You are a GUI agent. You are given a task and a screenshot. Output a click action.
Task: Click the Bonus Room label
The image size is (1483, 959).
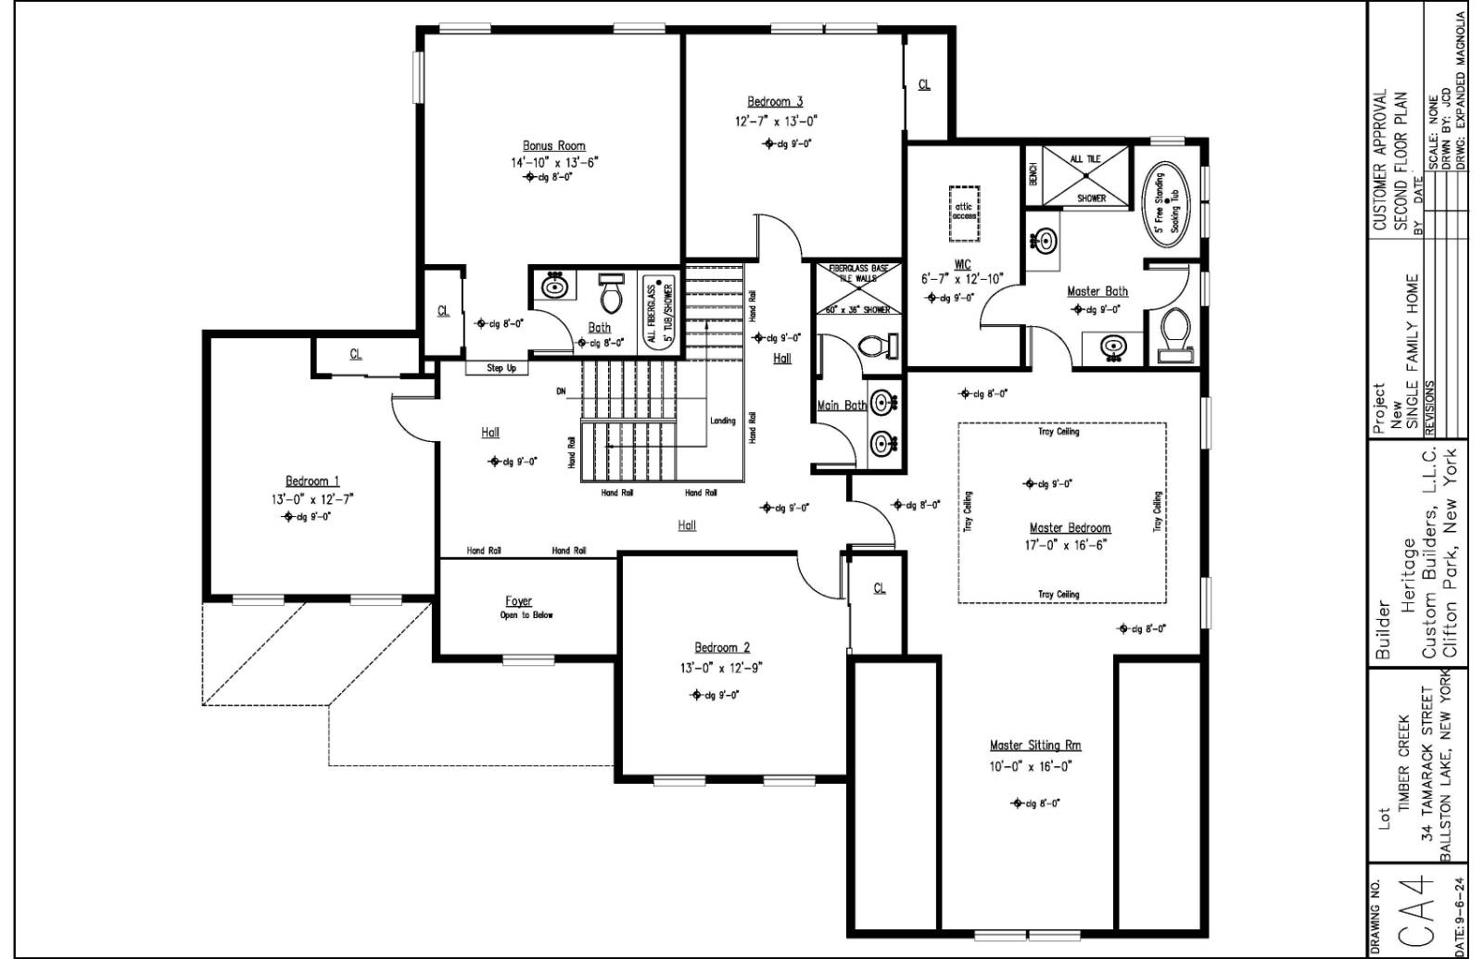click(553, 145)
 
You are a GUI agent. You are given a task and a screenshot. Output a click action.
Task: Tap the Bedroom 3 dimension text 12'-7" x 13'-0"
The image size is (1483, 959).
click(776, 121)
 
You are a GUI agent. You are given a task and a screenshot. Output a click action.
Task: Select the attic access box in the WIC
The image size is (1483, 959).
click(964, 210)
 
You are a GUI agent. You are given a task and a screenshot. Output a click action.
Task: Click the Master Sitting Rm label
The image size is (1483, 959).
click(1034, 745)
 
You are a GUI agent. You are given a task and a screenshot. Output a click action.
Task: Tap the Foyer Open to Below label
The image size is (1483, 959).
click(519, 608)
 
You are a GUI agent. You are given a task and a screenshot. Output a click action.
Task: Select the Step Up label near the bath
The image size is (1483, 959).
click(501, 369)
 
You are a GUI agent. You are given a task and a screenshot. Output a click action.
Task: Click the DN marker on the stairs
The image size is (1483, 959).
click(561, 392)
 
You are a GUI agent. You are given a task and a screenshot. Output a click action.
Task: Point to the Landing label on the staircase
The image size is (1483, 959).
click(722, 421)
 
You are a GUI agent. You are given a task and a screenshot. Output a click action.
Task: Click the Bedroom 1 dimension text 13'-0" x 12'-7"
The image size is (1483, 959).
click(312, 499)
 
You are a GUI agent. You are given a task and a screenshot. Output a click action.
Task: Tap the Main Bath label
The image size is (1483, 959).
click(841, 406)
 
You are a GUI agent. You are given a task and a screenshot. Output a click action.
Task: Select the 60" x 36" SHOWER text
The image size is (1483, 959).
click(857, 309)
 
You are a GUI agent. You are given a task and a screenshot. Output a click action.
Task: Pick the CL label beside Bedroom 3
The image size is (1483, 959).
click(924, 85)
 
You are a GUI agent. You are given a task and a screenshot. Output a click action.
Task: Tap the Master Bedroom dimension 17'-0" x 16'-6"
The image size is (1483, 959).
click(1065, 546)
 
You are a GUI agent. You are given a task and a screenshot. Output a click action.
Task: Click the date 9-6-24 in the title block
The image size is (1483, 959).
click(1461, 916)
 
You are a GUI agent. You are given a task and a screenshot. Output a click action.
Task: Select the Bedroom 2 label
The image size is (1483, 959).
click(722, 648)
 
